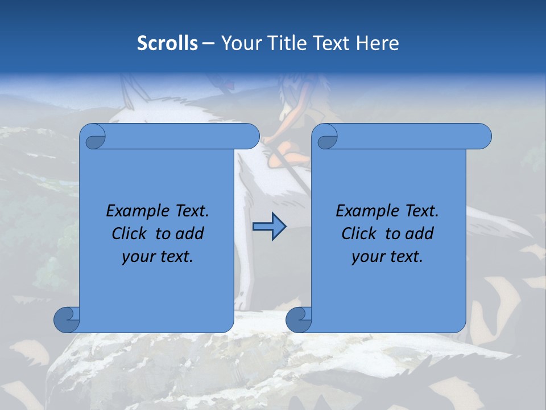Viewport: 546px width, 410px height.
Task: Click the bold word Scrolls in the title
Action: coord(167,43)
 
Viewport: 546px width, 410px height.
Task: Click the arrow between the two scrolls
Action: coord(268,227)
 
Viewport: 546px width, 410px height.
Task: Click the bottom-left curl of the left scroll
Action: coord(66,319)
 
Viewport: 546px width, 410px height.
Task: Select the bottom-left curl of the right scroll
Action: coord(298,319)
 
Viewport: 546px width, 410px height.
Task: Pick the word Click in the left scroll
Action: coord(130,233)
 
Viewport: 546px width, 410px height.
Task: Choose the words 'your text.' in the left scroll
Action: coord(158,257)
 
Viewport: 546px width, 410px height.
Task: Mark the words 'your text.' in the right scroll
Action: coord(387,257)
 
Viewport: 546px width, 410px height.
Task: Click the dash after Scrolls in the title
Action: coord(208,43)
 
